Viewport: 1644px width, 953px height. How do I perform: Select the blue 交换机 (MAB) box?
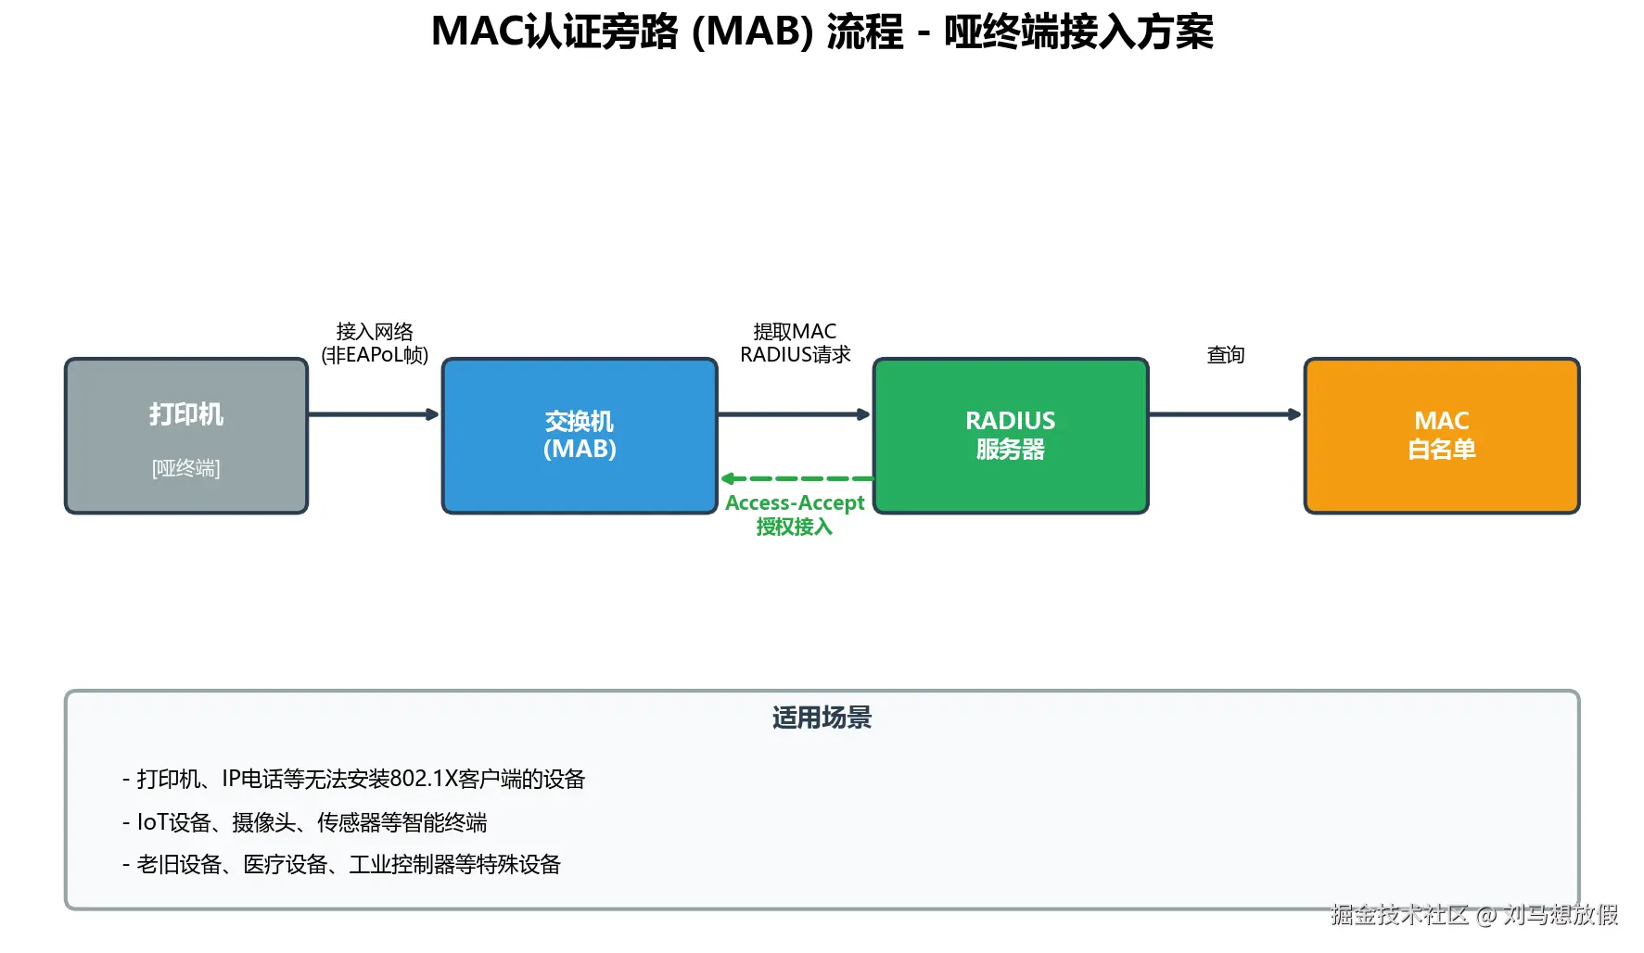(x=580, y=435)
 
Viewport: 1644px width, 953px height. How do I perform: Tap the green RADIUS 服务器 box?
(x=1010, y=435)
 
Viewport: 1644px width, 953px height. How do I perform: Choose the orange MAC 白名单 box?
(x=1441, y=435)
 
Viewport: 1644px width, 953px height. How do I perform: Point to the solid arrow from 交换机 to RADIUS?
(x=794, y=414)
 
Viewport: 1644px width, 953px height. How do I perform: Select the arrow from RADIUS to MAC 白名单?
(x=1225, y=414)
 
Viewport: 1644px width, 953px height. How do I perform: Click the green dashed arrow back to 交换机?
(x=797, y=478)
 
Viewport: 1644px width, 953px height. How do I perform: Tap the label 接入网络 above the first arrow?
(x=375, y=331)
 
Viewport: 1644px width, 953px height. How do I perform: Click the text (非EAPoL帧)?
(x=375, y=355)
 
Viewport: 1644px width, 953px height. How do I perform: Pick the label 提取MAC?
(x=795, y=331)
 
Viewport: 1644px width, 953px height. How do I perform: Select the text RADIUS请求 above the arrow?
(x=795, y=355)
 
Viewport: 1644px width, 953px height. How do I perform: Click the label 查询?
(x=1225, y=355)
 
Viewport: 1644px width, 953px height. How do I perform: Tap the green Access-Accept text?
(x=795, y=502)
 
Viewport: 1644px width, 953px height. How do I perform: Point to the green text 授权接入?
(x=795, y=527)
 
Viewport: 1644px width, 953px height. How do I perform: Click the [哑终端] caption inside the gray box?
(x=185, y=468)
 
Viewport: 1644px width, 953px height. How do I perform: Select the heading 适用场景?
(x=822, y=718)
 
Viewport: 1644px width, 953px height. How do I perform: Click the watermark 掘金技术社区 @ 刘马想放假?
(x=1473, y=915)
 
